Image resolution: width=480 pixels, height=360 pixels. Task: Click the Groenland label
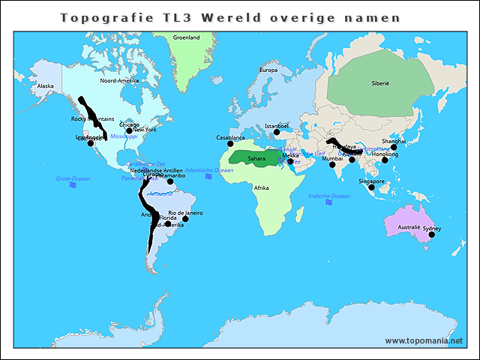186,37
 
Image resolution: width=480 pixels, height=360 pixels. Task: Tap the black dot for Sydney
431,235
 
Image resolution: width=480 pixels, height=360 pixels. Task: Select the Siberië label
380,84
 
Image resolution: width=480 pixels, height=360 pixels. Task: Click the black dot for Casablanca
230,143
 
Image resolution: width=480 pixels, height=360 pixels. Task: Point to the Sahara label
256,158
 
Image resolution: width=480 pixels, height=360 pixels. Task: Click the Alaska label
46,85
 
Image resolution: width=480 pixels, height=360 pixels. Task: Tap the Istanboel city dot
275,133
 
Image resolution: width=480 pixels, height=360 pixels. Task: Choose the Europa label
268,70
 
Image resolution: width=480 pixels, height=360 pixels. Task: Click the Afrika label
261,187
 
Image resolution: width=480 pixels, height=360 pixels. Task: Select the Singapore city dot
371,187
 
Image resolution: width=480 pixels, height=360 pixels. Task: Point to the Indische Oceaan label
329,196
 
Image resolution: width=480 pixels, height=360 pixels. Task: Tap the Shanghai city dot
394,147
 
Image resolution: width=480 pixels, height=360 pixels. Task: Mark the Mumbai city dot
332,164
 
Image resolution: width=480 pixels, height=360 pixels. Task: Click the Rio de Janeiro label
185,212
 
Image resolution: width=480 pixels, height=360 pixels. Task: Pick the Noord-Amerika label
119,80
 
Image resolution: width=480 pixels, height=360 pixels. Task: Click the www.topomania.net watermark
424,340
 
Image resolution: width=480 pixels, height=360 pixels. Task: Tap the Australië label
409,226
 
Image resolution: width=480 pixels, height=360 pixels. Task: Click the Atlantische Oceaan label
209,170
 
